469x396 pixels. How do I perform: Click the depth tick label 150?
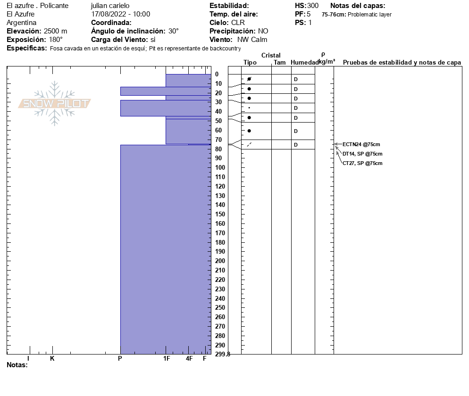pos(220,214)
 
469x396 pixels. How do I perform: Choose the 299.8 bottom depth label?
pos(222,354)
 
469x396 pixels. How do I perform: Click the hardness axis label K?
pos(52,359)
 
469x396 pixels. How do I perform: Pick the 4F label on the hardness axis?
pos(189,359)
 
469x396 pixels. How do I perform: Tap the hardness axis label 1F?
pos(167,359)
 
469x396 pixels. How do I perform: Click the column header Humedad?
pos(304,62)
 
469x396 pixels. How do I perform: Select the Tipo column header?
pos(250,62)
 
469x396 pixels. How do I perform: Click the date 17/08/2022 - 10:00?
pos(120,14)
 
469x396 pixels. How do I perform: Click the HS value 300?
pos(313,6)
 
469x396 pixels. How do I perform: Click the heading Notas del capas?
pos(358,6)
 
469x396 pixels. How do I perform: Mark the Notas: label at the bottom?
pos(17,365)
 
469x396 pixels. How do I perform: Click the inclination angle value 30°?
pos(174,31)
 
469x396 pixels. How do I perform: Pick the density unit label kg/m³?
pos(327,62)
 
